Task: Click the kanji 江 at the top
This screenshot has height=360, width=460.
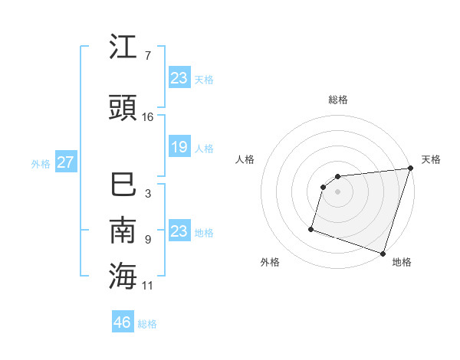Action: tap(123, 48)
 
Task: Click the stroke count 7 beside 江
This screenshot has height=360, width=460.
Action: tap(147, 56)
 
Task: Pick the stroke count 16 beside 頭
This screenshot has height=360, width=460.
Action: tap(148, 116)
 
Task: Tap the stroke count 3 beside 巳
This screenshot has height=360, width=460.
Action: tap(147, 194)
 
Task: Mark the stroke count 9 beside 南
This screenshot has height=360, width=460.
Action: tap(147, 239)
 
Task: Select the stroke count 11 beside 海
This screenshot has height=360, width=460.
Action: tap(148, 286)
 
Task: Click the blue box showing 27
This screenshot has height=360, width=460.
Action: tap(65, 162)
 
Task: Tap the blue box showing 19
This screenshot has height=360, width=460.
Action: tap(179, 147)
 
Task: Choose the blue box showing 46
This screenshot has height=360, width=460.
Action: tap(123, 322)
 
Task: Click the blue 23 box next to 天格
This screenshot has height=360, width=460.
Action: tap(179, 77)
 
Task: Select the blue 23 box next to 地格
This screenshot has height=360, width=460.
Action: tap(179, 231)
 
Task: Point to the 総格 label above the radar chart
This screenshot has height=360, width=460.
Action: tap(338, 100)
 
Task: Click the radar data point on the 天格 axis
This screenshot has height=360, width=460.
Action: tap(410, 169)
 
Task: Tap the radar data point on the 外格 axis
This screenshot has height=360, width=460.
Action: tap(311, 228)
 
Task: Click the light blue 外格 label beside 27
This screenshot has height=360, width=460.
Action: tap(41, 163)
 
